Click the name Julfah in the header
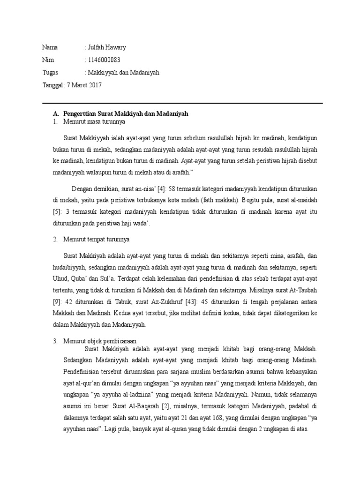click(97, 47)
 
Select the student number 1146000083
click(104, 60)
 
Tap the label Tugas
click(50, 73)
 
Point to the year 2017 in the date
click(94, 85)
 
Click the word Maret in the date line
click(76, 85)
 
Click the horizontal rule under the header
click(182, 103)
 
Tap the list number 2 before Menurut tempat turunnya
click(55, 239)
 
